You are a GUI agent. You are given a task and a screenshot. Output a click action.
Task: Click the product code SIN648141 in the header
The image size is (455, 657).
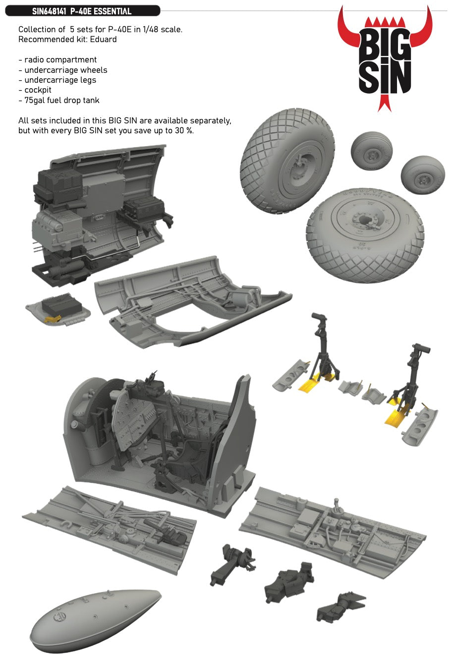(x=50, y=11)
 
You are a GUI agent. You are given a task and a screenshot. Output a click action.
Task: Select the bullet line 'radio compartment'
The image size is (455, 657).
(x=60, y=60)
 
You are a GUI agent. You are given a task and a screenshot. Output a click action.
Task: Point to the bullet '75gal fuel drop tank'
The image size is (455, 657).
(x=62, y=100)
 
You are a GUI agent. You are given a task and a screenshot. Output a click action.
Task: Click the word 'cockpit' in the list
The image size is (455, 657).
(x=38, y=90)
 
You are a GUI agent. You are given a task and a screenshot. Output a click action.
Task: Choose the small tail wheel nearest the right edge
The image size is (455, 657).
(x=422, y=176)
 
